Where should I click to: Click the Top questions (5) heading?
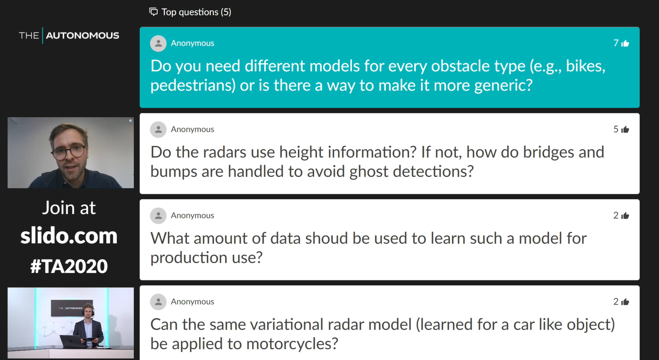(x=196, y=12)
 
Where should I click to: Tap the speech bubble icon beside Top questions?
(x=153, y=12)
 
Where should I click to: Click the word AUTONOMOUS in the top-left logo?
(x=82, y=35)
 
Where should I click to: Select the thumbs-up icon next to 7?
(x=625, y=44)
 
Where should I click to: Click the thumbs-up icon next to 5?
(x=625, y=129)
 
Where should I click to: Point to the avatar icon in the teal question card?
(x=158, y=44)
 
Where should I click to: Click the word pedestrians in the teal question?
(x=193, y=85)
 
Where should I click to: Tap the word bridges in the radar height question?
(x=548, y=152)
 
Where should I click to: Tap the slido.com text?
(x=69, y=236)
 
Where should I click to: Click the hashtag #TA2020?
(x=69, y=266)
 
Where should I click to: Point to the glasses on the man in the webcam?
(x=69, y=152)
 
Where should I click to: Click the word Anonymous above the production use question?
(x=192, y=215)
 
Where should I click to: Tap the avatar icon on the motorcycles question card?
(x=158, y=302)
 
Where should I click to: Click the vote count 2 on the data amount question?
(x=616, y=215)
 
